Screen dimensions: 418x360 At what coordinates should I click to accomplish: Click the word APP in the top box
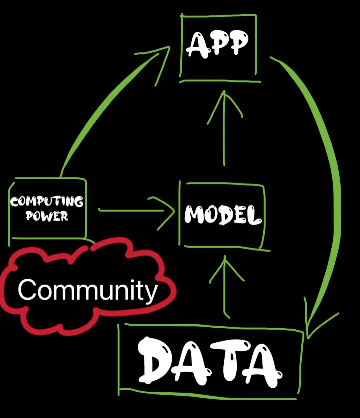(217, 44)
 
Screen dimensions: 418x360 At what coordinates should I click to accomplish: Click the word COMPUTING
(46, 202)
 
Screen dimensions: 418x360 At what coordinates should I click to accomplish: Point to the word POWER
(47, 216)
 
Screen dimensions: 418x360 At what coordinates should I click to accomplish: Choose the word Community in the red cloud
(88, 290)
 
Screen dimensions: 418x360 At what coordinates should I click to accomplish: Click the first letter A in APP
(196, 45)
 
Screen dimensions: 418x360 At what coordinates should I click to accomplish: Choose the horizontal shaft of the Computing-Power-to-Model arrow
(130, 210)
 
